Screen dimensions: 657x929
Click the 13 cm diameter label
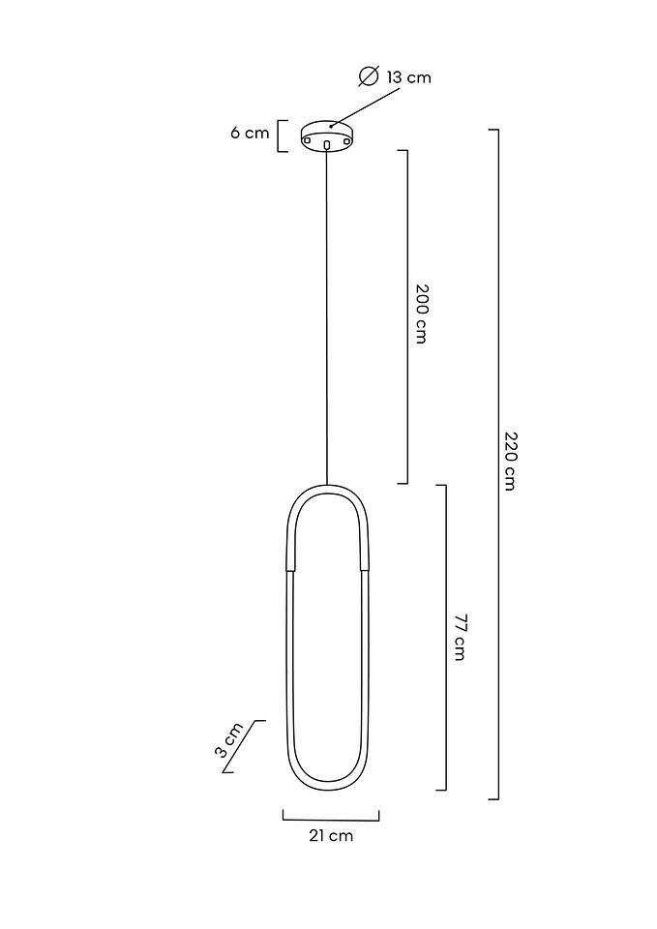pyautogui.click(x=408, y=77)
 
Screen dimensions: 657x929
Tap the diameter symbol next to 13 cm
pyautogui.click(x=369, y=76)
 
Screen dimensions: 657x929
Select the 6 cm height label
pyautogui.click(x=250, y=133)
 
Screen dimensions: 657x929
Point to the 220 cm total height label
pyautogui.click(x=510, y=461)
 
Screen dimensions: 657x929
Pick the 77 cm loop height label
pyautogui.click(x=459, y=638)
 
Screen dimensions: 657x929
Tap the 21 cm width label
pyautogui.click(x=331, y=835)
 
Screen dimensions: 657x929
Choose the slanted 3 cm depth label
pyautogui.click(x=228, y=739)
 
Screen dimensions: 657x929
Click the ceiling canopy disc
pyautogui.click(x=328, y=135)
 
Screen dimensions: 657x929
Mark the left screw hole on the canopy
pyautogui.click(x=308, y=140)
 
